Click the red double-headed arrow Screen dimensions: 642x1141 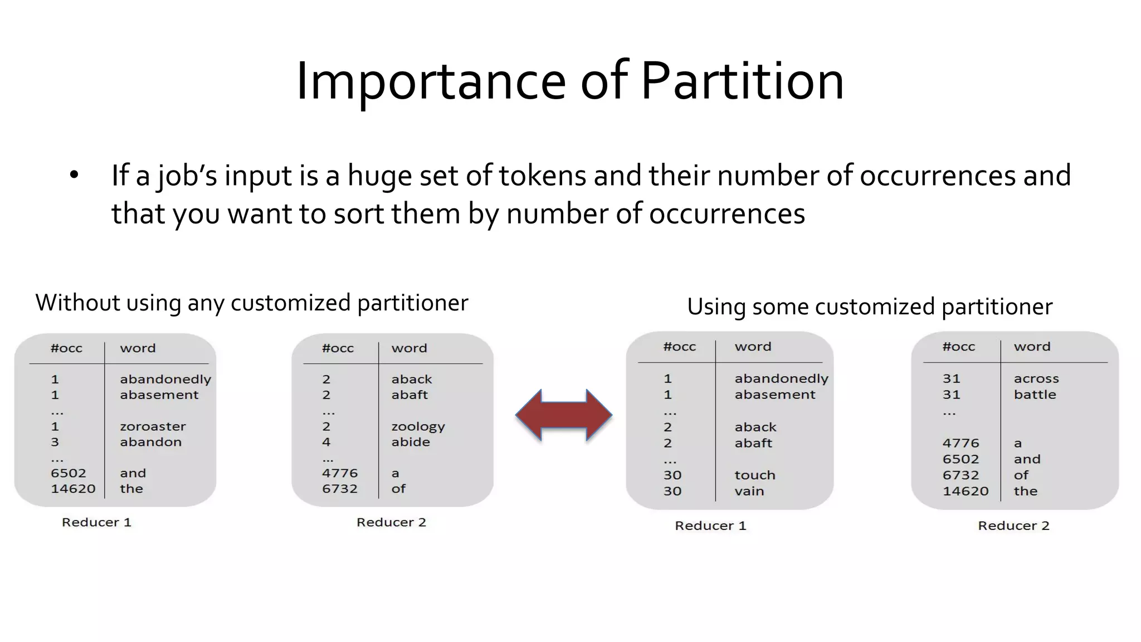coord(564,415)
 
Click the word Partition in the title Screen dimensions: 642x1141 coord(742,81)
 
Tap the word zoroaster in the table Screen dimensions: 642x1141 coord(153,426)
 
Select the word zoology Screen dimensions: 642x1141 coord(418,427)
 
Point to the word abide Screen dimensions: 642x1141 coord(411,442)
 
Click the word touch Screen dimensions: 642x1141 coord(754,475)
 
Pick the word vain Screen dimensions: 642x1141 coord(749,491)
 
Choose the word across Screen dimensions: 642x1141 coord(1036,378)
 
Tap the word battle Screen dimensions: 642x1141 coord(1035,395)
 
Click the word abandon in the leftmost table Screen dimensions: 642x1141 coord(150,442)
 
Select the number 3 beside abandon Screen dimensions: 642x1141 coord(55,442)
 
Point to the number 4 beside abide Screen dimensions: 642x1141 coord(326,442)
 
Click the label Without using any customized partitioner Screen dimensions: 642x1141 coord(252,303)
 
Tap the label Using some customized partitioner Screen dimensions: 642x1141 coord(869,307)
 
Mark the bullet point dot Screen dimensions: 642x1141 coord(74,175)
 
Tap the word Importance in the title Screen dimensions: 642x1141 coord(431,81)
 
